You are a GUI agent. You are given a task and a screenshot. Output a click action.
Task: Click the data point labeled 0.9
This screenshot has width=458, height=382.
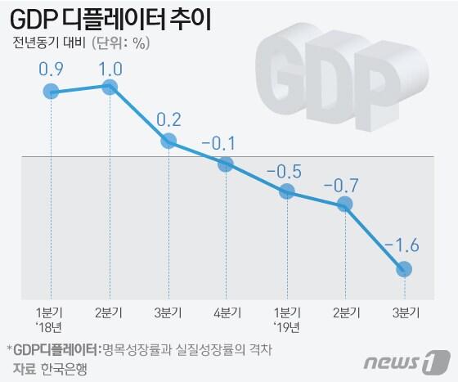click(x=51, y=92)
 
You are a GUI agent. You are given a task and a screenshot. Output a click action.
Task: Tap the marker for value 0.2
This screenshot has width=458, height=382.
click(x=168, y=141)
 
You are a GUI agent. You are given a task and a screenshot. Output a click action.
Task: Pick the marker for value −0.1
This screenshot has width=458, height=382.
click(x=227, y=164)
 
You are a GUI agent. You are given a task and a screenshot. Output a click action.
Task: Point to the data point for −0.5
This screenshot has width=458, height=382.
click(x=286, y=191)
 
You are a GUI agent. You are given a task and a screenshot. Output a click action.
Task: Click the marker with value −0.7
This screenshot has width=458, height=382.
click(x=345, y=204)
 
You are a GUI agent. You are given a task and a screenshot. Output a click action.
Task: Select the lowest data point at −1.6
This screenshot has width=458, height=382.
click(x=404, y=269)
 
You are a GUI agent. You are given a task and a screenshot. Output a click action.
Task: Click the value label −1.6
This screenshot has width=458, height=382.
click(x=402, y=244)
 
